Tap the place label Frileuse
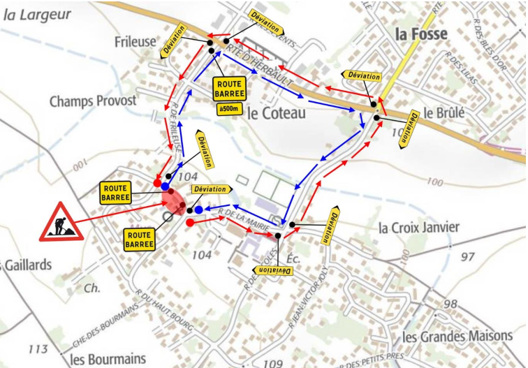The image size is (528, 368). click(x=135, y=43)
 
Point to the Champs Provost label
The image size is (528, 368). click(x=93, y=101)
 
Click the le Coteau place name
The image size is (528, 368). click(x=277, y=113)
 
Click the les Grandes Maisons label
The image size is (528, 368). click(x=457, y=336)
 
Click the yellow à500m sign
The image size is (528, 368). click(x=230, y=109)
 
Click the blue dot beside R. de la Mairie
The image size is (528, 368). click(x=199, y=209)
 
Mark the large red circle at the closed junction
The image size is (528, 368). click(x=173, y=207)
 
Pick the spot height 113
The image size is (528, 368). click(x=39, y=349)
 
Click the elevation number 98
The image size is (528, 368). click(x=450, y=304)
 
